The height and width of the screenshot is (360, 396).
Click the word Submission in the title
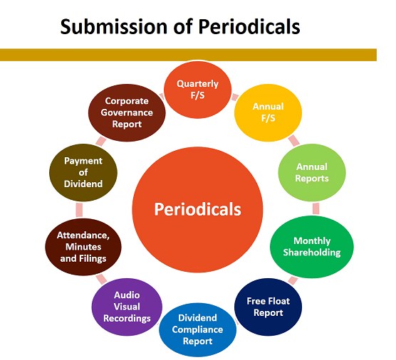[114, 26]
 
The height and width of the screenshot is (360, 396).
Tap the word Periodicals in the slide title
[249, 26]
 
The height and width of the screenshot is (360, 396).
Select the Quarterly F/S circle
[197, 90]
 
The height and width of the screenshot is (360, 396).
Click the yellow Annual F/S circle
[268, 112]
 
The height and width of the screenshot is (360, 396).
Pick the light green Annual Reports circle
[312, 173]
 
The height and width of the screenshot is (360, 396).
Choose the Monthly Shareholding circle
[312, 247]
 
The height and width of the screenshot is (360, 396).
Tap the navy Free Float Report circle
[268, 307]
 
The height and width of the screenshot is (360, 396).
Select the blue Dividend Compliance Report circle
[197, 329]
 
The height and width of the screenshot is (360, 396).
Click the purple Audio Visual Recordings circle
[127, 307]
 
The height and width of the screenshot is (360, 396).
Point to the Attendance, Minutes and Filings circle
[83, 247]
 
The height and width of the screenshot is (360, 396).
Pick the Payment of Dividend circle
[83, 173]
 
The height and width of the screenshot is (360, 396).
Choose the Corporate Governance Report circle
[127, 112]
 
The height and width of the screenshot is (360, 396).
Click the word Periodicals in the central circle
[197, 209]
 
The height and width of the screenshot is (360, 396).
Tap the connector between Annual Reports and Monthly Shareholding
[316, 208]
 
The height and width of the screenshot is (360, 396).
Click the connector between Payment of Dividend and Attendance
[79, 210]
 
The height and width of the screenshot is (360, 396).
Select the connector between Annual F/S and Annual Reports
[293, 141]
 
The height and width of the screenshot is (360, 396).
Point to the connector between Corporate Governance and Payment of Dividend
[101, 141]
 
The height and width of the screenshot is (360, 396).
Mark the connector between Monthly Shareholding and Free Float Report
[293, 280]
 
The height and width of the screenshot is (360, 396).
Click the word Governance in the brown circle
[127, 112]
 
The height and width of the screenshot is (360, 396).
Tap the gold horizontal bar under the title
[188, 55]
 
